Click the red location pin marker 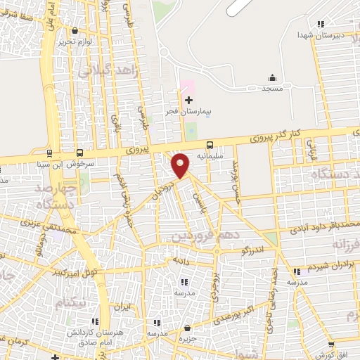pos(181,165)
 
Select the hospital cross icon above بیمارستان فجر pos(188,101)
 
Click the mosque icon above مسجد pos(272,78)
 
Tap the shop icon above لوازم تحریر pos(75,30)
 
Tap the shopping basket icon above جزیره pos(187,328)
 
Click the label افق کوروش pos(330,354)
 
